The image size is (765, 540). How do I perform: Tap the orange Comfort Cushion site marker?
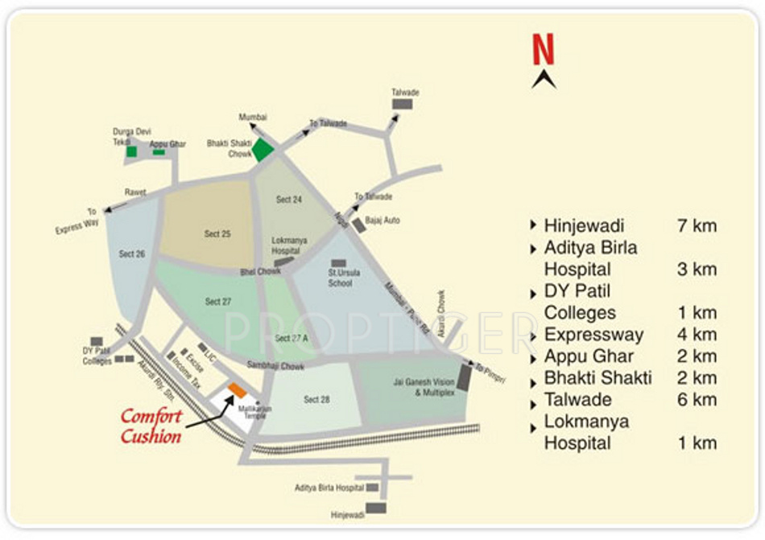tap(236, 390)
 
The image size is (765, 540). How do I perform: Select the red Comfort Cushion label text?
tap(151, 427)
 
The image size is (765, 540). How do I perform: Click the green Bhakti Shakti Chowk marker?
tap(263, 149)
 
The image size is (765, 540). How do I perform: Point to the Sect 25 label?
tap(217, 234)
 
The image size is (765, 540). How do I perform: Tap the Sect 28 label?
tap(316, 399)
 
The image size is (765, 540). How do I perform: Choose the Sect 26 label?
tap(132, 254)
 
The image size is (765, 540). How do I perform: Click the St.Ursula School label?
tap(345, 278)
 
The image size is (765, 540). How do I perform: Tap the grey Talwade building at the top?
tap(402, 104)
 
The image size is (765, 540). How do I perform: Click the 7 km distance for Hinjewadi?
tap(697, 226)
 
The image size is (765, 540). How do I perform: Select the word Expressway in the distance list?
tap(593, 335)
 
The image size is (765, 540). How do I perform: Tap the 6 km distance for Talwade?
tap(697, 400)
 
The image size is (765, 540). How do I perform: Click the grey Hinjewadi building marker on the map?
tap(376, 508)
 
